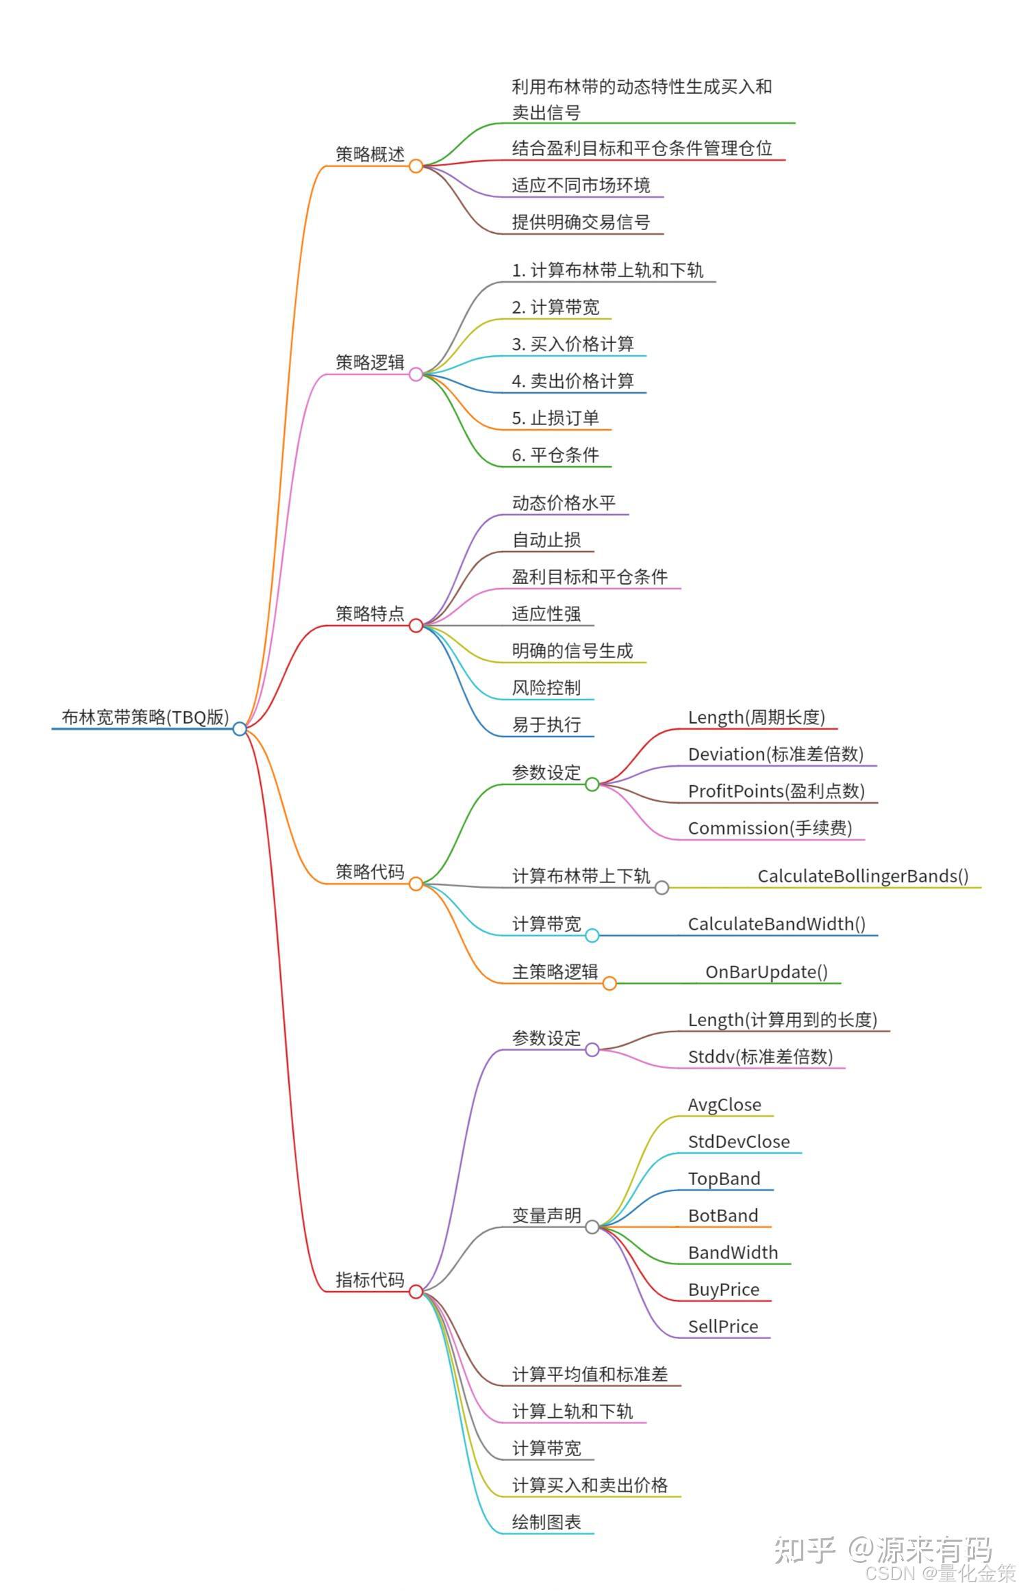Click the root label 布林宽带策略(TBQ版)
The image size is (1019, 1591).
click(x=145, y=717)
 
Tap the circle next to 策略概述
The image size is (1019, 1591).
click(x=416, y=166)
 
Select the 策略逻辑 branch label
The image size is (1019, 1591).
click(x=370, y=362)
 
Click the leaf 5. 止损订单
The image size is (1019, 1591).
click(x=555, y=418)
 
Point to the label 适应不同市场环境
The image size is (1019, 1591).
click(x=581, y=185)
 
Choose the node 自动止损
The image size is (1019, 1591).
click(x=546, y=539)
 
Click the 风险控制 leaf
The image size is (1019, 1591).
click(x=546, y=687)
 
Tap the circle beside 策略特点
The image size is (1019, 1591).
click(x=416, y=625)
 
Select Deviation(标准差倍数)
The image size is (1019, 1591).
click(x=775, y=754)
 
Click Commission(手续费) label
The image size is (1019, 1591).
click(x=770, y=828)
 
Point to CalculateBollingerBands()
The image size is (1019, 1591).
click(x=863, y=876)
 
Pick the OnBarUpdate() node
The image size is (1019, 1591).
click(x=766, y=971)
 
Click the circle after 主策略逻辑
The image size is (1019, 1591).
click(x=609, y=984)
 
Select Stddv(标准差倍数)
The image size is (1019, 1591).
click(x=760, y=1056)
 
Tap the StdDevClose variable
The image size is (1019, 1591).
click(x=738, y=1141)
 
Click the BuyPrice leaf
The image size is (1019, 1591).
click(x=723, y=1289)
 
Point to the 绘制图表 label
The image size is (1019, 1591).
click(x=546, y=1522)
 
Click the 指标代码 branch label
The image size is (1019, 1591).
click(x=370, y=1280)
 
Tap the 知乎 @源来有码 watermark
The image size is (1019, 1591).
click(x=883, y=1550)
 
